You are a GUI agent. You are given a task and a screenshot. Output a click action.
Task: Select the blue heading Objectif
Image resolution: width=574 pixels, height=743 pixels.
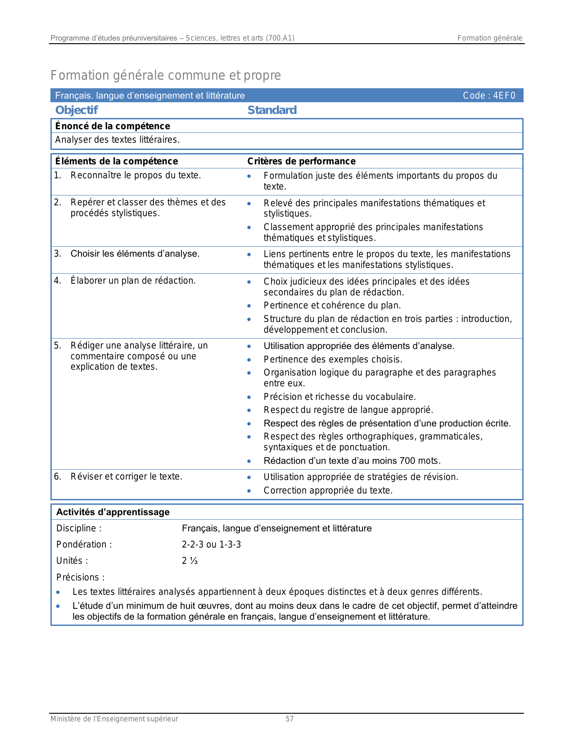click(77, 110)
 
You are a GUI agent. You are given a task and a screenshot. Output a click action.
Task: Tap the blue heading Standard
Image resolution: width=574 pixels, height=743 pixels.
click(272, 110)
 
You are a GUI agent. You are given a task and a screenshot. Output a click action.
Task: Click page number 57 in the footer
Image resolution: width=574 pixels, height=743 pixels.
click(289, 719)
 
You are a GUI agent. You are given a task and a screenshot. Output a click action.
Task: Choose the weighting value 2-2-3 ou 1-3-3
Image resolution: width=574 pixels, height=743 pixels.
click(211, 544)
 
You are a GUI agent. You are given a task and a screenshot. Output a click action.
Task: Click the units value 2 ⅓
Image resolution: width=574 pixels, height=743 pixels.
click(190, 561)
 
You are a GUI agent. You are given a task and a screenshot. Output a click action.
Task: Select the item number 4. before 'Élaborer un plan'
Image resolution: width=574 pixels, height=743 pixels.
click(58, 281)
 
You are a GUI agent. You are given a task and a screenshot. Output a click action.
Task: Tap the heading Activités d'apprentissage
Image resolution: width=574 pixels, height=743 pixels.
click(113, 512)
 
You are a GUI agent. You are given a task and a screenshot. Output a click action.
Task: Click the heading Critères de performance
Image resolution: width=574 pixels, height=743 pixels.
click(301, 161)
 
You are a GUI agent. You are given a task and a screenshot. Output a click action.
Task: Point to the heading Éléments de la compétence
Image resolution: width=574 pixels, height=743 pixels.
click(116, 161)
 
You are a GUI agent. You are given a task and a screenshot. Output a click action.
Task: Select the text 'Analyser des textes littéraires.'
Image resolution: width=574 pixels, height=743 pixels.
click(117, 140)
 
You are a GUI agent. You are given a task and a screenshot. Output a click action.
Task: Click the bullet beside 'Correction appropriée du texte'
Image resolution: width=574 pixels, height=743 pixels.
click(249, 491)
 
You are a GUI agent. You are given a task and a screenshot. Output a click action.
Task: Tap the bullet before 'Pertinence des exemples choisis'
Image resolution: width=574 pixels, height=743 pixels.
click(249, 360)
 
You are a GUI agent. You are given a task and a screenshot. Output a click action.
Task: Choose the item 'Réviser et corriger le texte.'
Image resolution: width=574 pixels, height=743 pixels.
click(126, 476)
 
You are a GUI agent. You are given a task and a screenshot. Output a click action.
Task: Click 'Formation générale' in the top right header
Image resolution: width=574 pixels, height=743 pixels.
click(490, 38)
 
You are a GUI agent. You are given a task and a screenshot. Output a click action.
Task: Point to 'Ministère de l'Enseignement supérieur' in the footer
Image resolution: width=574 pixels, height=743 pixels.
click(114, 719)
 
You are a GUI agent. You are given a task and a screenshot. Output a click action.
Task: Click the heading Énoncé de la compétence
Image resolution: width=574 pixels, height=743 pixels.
click(113, 126)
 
